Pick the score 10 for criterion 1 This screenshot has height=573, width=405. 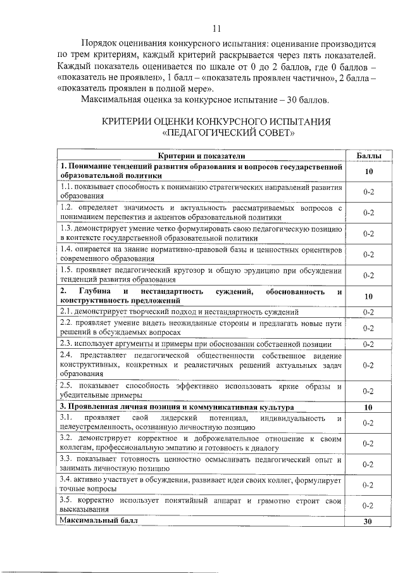[368, 172]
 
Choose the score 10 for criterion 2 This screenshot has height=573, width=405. [368, 296]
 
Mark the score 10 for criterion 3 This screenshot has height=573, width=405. [368, 406]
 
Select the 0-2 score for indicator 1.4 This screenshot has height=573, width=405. [368, 255]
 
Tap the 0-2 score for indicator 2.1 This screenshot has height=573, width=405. [368, 312]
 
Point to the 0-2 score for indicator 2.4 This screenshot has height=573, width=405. [368, 365]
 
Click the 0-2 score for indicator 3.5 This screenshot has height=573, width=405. [368, 506]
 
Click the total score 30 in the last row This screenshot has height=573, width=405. [368, 522]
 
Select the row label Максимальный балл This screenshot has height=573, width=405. [97, 520]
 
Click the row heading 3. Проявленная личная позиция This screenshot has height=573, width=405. [127, 406]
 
